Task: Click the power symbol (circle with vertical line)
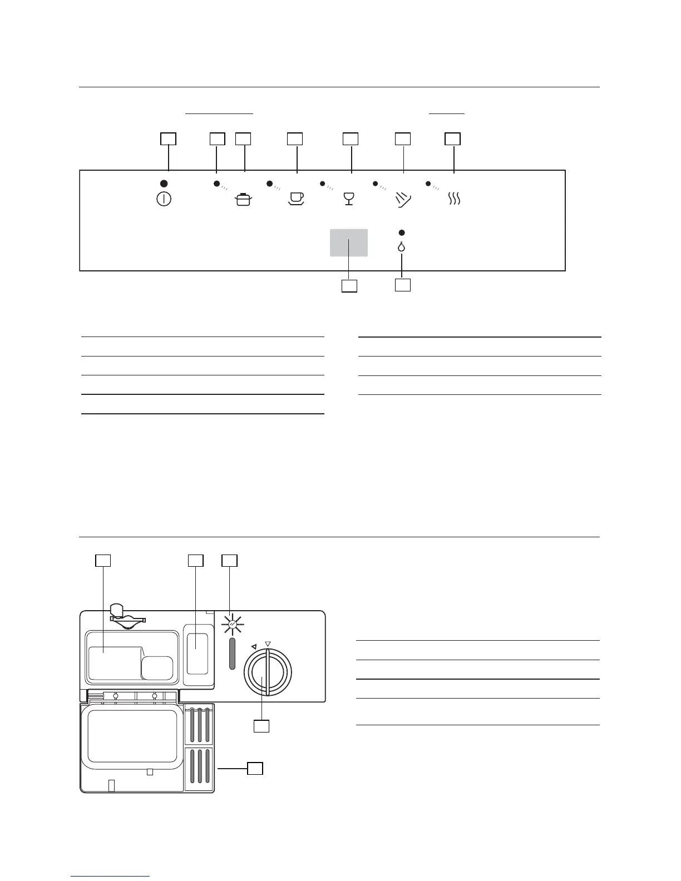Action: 164,199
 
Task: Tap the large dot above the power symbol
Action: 164,184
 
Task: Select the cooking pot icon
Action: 243,199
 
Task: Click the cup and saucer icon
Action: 296,199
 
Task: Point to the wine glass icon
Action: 349,199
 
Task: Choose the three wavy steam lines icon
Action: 455,199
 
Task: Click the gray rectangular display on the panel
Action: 349,242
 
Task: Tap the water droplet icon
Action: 402,246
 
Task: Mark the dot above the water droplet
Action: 402,232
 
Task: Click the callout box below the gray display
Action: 349,286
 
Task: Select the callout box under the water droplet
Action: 402,285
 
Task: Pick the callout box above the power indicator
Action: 168,139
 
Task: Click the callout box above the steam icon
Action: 453,139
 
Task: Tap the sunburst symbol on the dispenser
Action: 232,626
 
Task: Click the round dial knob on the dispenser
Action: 267,673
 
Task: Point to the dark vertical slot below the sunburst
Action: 232,654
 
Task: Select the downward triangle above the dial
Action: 268,644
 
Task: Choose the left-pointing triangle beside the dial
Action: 254,646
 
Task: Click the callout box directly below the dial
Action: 261,726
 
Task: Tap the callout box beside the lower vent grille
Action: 255,769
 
